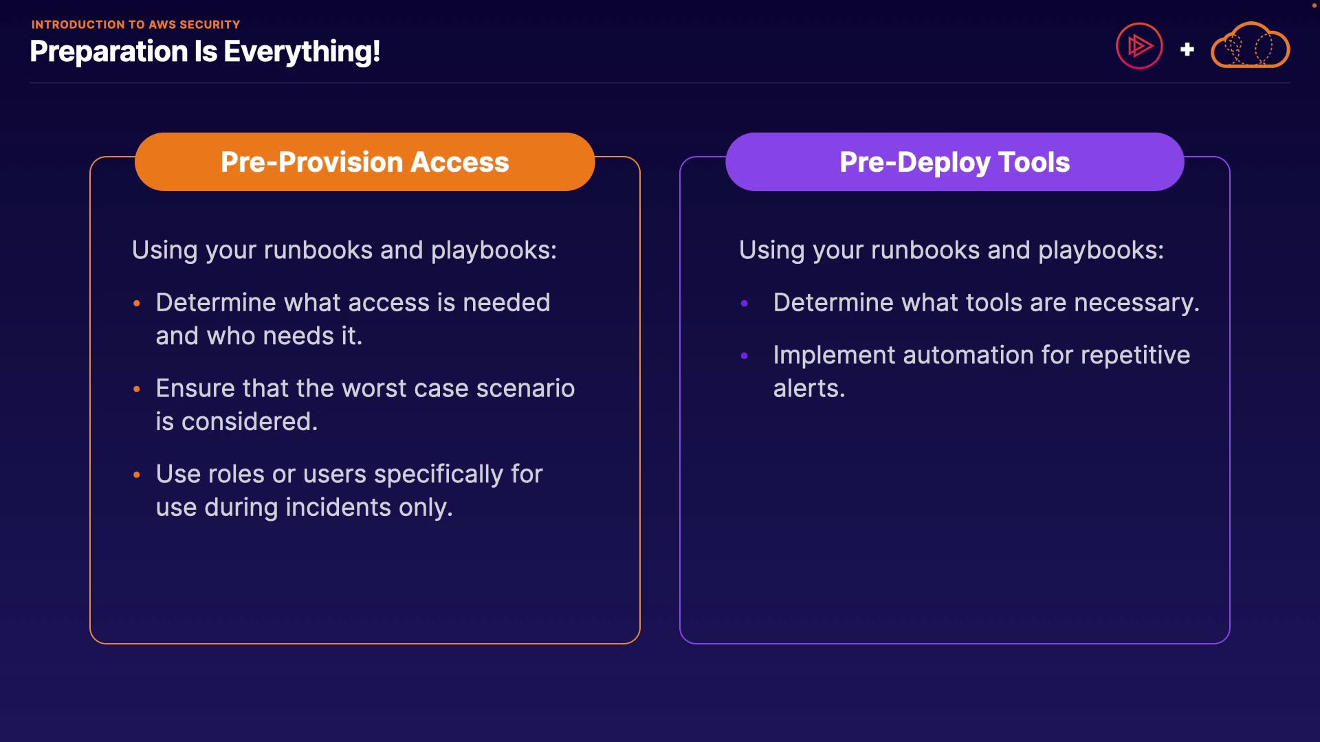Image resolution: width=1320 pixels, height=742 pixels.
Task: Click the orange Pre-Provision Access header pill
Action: click(364, 161)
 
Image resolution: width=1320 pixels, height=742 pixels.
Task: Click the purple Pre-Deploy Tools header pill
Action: click(954, 161)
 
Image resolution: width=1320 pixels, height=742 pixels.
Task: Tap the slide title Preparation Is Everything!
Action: click(205, 52)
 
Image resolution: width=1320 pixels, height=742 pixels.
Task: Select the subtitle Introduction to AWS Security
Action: click(135, 25)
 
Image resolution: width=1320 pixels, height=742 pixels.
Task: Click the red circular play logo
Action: click(1139, 46)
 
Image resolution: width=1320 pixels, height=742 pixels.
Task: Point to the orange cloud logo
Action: click(1250, 45)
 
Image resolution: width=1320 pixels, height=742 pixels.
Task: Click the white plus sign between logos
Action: click(1187, 49)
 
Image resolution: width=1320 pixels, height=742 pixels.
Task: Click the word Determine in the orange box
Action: click(215, 302)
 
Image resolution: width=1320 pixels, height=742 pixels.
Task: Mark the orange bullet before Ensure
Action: click(137, 389)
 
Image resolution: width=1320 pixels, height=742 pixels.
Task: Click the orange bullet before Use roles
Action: click(137, 475)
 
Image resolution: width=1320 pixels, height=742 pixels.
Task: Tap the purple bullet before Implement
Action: click(744, 356)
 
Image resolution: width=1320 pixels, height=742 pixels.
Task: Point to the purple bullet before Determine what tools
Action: click(744, 303)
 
